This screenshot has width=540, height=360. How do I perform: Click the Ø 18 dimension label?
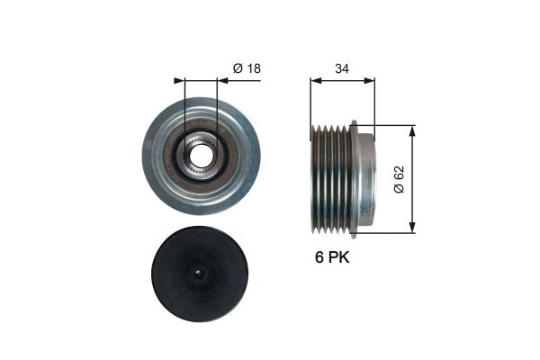click(x=247, y=67)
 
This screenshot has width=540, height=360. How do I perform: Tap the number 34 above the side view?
click(x=342, y=67)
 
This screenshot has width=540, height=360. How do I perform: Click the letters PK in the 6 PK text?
click(x=337, y=257)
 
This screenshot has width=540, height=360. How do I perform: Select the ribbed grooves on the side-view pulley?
click(x=330, y=179)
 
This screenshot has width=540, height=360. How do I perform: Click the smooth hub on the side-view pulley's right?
click(x=364, y=179)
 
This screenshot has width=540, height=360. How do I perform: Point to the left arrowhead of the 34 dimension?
click(x=314, y=81)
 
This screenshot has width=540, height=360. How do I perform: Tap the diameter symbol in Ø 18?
click(x=238, y=67)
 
